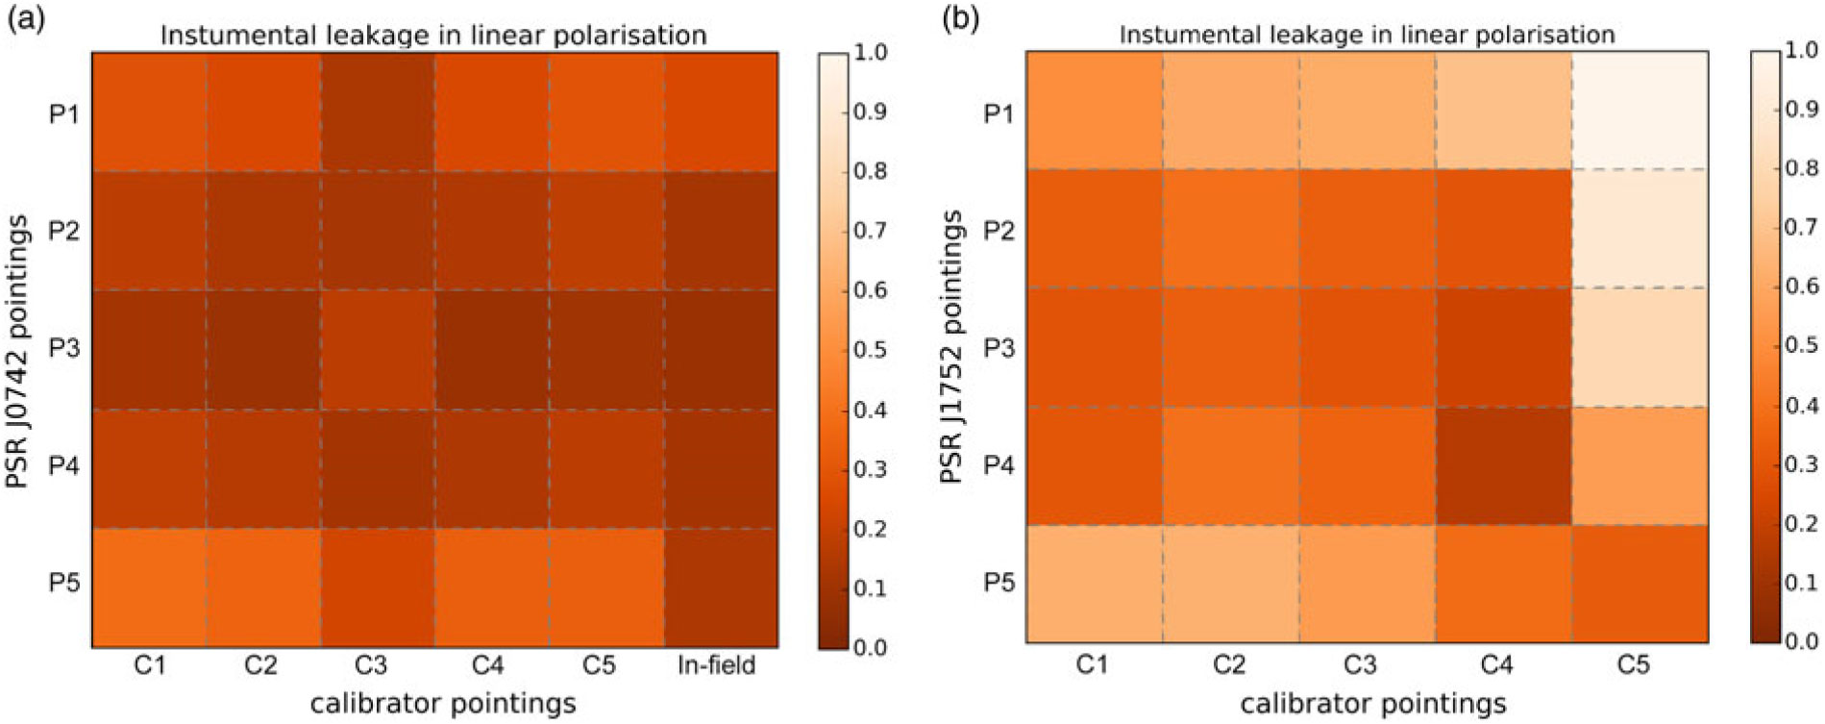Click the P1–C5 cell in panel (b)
(1640, 111)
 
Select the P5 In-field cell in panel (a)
(721, 587)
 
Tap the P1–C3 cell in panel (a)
(377, 112)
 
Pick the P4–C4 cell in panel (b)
(1503, 465)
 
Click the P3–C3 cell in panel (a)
(377, 349)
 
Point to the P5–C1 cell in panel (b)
(1094, 584)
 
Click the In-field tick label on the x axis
(716, 665)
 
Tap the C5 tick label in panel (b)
(1633, 664)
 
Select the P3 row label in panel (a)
(63, 348)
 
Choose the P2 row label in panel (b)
(999, 231)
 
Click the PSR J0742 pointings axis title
(17, 350)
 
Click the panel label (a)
(26, 19)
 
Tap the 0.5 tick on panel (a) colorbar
(870, 350)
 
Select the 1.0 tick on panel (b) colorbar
(1801, 51)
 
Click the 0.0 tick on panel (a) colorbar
(870, 647)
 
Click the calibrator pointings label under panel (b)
(1373, 704)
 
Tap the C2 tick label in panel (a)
(260, 665)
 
